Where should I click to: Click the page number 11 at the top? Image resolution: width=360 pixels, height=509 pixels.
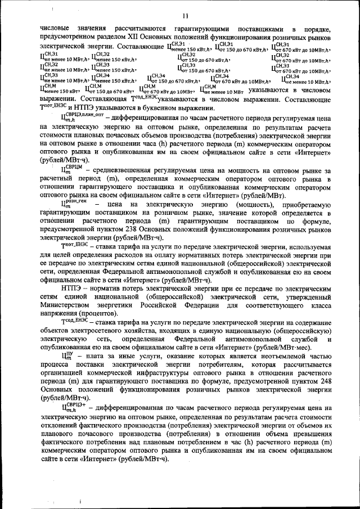[184, 15]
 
